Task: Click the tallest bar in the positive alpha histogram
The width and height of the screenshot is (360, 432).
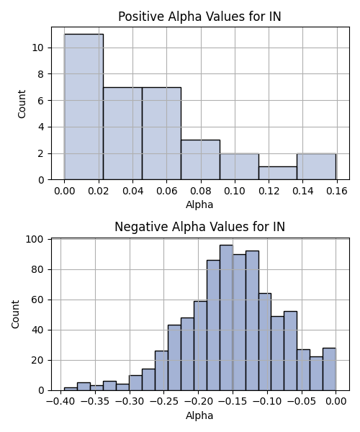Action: click(x=84, y=107)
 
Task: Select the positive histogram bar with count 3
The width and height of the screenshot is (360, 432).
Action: click(x=201, y=160)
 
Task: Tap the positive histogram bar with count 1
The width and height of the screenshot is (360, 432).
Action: click(x=278, y=173)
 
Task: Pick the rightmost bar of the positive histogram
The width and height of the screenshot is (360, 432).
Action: click(x=317, y=167)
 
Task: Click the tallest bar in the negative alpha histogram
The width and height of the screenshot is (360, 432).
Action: click(x=226, y=318)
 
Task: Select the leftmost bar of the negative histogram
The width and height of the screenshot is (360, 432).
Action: click(x=71, y=389)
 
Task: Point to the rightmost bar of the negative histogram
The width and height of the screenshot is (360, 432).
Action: click(x=330, y=369)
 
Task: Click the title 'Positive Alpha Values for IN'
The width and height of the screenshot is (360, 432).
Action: click(x=199, y=17)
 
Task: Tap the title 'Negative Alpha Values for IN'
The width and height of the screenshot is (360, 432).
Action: click(x=199, y=227)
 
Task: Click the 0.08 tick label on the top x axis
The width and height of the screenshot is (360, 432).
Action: click(x=201, y=191)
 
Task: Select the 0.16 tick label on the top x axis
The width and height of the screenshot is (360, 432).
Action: click(x=337, y=191)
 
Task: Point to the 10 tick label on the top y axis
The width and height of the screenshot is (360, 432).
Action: click(x=37, y=48)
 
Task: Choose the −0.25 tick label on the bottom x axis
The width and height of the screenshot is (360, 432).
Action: click(x=163, y=402)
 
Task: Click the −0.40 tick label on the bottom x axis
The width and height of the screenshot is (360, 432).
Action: click(x=60, y=402)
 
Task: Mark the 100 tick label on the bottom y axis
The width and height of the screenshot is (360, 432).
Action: click(x=35, y=240)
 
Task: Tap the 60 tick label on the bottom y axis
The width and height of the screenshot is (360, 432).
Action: click(x=37, y=300)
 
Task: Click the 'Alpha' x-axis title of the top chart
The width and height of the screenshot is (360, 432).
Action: click(x=199, y=204)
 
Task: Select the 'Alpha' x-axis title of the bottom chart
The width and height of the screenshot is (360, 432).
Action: click(x=199, y=415)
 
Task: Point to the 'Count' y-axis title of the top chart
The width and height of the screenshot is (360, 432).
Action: click(x=22, y=104)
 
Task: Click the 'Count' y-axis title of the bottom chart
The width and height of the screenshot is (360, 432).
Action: click(x=15, y=315)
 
